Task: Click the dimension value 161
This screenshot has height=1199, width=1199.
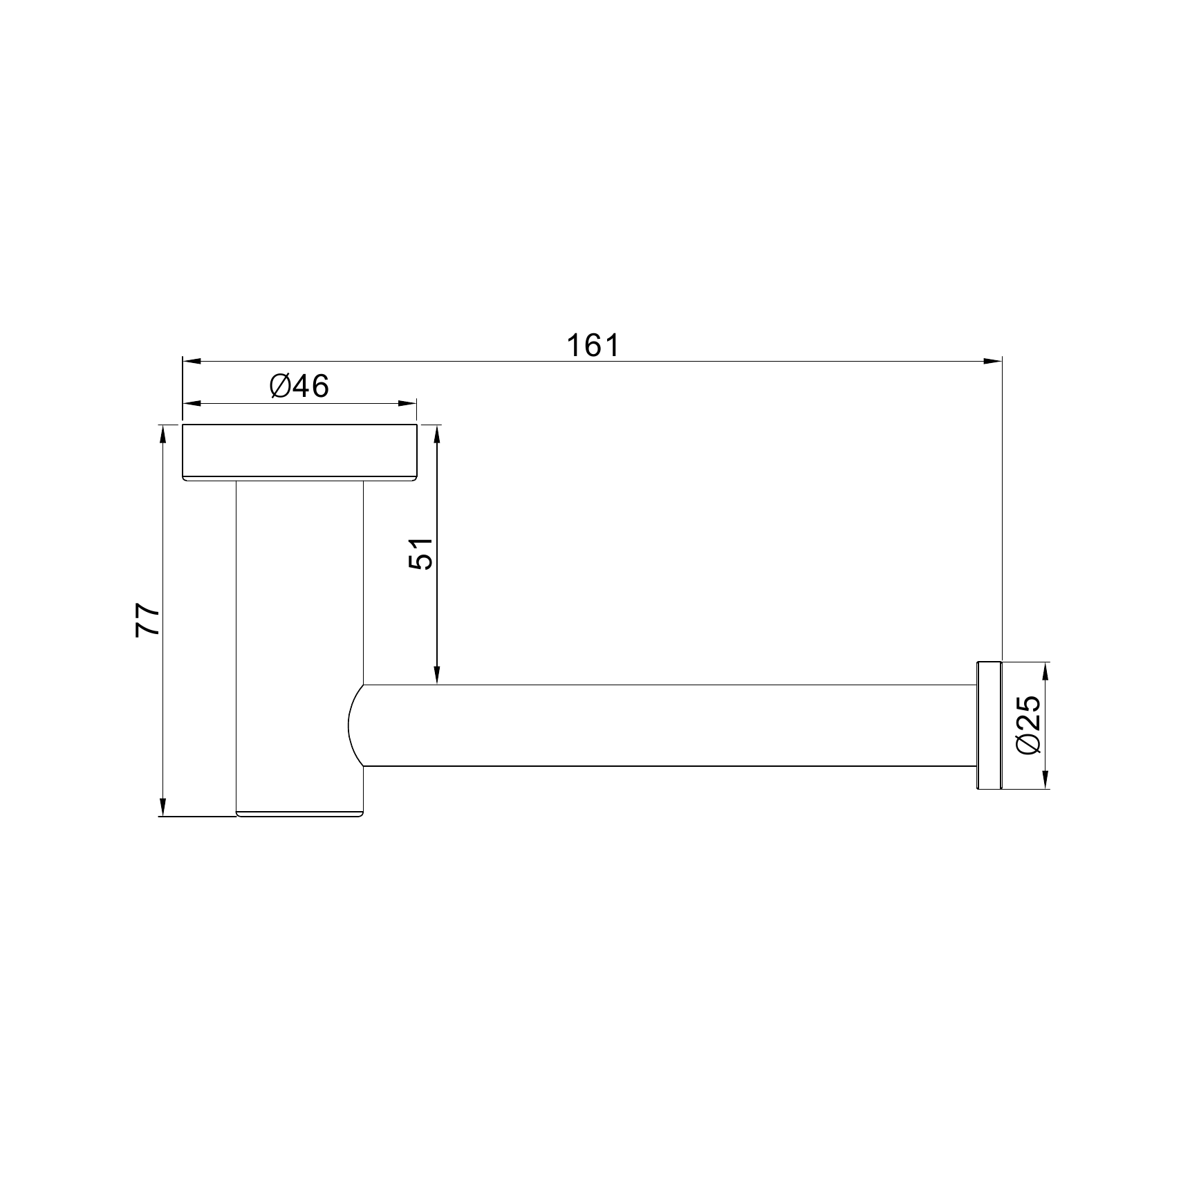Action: pyautogui.click(x=593, y=346)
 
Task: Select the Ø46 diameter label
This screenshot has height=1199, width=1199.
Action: pyautogui.click(x=299, y=387)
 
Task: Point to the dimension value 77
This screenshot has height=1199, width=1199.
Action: pyautogui.click(x=147, y=620)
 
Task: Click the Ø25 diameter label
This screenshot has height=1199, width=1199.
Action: pyautogui.click(x=1028, y=725)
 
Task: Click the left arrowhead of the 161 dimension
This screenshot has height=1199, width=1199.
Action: pyautogui.click(x=191, y=361)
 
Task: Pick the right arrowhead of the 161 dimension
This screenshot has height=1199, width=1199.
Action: pyautogui.click(x=993, y=361)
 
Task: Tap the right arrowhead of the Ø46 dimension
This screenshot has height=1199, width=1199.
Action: pyautogui.click(x=409, y=404)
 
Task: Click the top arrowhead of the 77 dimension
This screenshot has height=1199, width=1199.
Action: pyautogui.click(x=163, y=433)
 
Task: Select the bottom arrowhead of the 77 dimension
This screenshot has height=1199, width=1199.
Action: pyautogui.click(x=163, y=807)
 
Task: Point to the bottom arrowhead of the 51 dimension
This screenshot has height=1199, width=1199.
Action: pyautogui.click(x=437, y=676)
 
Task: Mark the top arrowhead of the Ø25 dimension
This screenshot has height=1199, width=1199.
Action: pyautogui.click(x=1045, y=671)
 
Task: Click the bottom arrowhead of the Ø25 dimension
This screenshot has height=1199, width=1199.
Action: pyautogui.click(x=1045, y=779)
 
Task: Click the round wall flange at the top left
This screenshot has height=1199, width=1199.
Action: pyautogui.click(x=299, y=452)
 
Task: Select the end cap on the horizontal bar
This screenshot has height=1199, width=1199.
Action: pyautogui.click(x=988, y=725)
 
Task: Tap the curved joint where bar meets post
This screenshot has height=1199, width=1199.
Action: pyautogui.click(x=355, y=725)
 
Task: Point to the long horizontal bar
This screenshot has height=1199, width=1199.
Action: pyautogui.click(x=664, y=725)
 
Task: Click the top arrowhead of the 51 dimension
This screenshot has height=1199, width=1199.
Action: pyautogui.click(x=437, y=434)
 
